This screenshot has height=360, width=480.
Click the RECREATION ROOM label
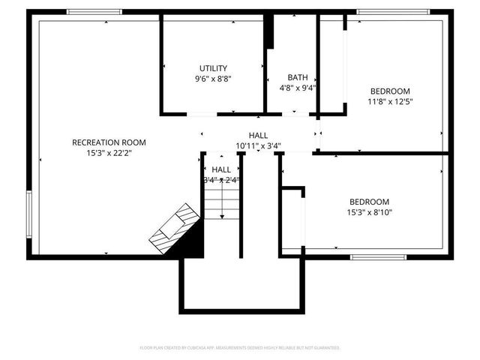109,142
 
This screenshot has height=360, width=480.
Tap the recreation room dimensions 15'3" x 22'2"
109,152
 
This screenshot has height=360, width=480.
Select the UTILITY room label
213,68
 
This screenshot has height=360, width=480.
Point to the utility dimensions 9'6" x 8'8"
213,78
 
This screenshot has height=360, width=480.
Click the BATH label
298,77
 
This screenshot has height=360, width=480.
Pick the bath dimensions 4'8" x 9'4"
298,87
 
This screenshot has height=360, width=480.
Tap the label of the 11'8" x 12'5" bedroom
390,91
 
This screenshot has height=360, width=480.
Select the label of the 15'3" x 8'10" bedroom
370,202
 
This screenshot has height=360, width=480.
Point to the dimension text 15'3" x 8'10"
370,212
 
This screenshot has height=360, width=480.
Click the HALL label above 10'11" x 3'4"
258,135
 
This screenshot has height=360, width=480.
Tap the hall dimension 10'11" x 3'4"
258,145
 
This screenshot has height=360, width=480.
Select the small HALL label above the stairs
221,169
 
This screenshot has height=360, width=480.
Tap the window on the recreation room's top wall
94,12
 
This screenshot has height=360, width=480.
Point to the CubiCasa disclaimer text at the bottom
240,348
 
